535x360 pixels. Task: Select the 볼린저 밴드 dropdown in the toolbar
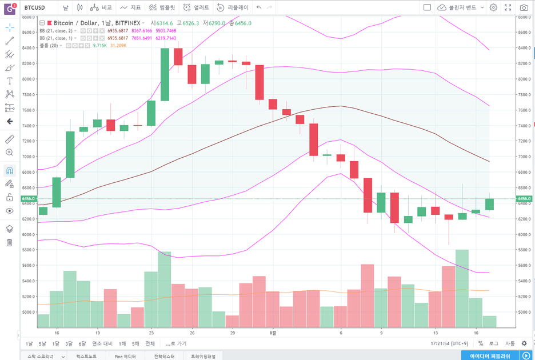coord(460,7)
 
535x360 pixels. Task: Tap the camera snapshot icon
coord(524,7)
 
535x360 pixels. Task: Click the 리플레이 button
coord(233,7)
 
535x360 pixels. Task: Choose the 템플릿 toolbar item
coord(162,7)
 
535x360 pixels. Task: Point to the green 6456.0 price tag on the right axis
coord(524,198)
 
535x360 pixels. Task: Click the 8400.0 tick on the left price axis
coord(29,48)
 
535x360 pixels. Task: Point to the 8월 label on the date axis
coord(274,332)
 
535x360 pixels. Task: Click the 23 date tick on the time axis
coord(151,332)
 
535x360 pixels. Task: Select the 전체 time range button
coord(150,343)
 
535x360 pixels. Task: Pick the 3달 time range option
coord(69,343)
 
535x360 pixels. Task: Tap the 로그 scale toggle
coord(494,343)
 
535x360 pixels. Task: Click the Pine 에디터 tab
coord(125,355)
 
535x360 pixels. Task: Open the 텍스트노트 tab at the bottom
coord(86,355)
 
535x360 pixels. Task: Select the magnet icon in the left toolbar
coord(9,170)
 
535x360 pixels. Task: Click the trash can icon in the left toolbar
coord(9,242)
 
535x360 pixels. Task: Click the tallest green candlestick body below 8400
coord(165,74)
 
